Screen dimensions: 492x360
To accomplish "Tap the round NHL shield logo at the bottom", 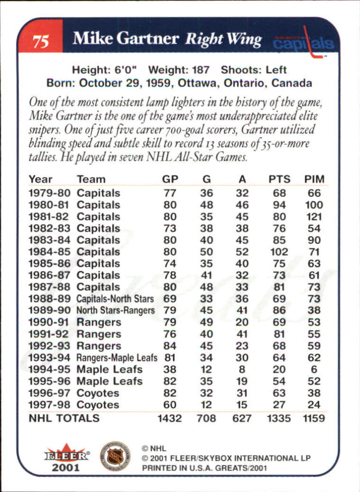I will pyautogui.click(x=115, y=456).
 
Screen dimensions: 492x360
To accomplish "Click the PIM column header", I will pyautogui.click(x=314, y=179).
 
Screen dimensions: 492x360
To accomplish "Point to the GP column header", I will pyautogui.click(x=170, y=179).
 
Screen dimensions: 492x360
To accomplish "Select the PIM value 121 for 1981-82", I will pyautogui.click(x=314, y=217).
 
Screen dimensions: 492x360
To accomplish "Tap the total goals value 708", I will pyautogui.click(x=206, y=419).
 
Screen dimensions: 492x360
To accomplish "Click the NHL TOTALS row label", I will pyautogui.click(x=64, y=419).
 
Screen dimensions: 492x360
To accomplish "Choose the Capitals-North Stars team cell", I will pyautogui.click(x=115, y=299).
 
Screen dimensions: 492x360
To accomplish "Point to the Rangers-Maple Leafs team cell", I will pyautogui.click(x=117, y=358).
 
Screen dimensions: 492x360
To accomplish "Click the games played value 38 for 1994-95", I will pyautogui.click(x=170, y=369).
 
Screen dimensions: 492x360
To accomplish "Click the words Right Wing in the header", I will pyautogui.click(x=223, y=40).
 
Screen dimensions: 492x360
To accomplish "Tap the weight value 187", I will pyautogui.click(x=199, y=70).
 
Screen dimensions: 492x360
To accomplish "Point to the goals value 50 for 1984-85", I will pyautogui.click(x=206, y=252).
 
